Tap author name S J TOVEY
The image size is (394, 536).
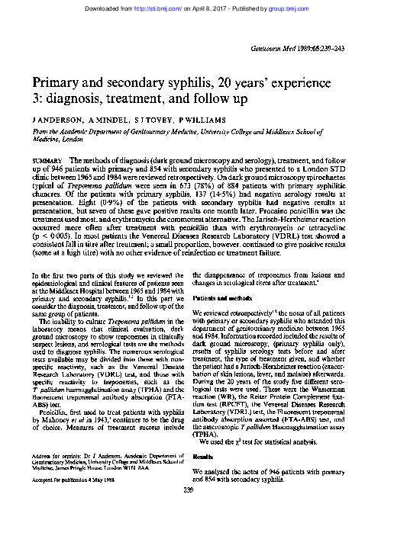(x=150, y=120)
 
